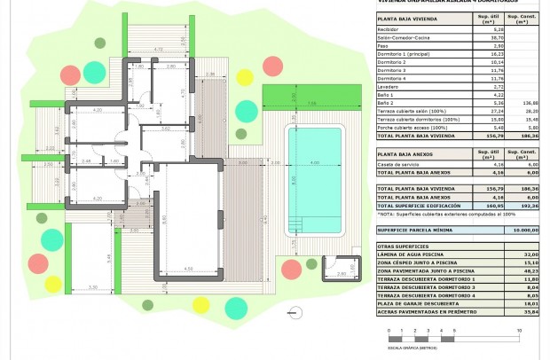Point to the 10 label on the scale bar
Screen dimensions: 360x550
[518, 331]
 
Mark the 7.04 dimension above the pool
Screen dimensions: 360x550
[312, 104]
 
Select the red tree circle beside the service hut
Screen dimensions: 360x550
[290, 269]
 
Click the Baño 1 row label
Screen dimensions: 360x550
[386, 95]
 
